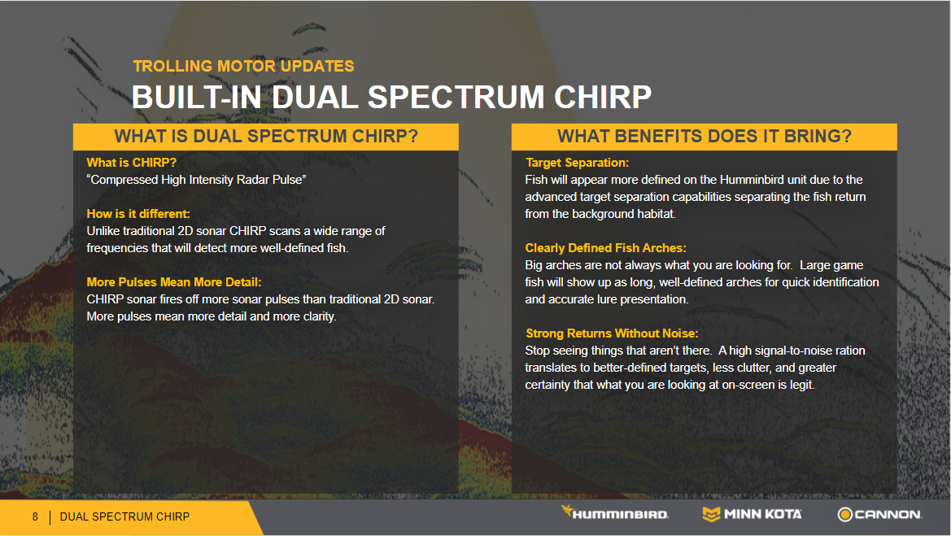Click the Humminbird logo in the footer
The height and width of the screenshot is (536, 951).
point(614,513)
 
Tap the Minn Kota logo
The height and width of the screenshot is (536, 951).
point(752,514)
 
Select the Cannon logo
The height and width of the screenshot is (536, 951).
point(879,514)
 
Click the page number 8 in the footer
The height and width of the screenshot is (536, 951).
point(35,516)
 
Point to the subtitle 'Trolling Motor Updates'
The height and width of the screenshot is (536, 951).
point(243,66)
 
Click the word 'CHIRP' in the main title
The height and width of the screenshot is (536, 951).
point(603,97)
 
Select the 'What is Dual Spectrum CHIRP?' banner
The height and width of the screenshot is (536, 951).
point(266,137)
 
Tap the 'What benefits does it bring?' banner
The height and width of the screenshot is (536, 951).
point(705,137)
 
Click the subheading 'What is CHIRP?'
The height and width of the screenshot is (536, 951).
point(132,163)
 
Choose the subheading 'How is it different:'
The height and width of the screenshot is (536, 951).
point(138,213)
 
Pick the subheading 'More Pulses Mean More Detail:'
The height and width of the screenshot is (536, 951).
point(174,282)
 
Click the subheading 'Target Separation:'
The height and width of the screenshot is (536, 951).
point(577,163)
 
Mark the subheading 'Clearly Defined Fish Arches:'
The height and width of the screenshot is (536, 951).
point(605,248)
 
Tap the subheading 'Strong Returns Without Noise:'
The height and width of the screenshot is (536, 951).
point(612,333)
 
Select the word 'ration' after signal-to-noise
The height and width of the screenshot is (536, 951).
point(849,351)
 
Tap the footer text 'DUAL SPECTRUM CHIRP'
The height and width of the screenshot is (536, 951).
point(125,516)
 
